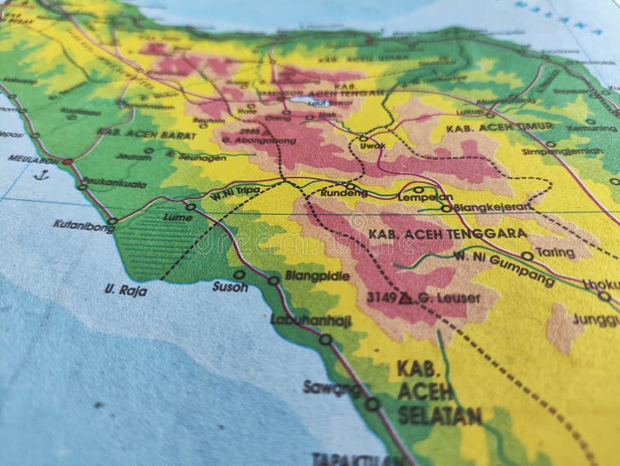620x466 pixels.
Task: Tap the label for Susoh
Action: pyautogui.click(x=229, y=287)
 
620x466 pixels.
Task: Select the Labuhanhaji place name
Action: pyautogui.click(x=311, y=320)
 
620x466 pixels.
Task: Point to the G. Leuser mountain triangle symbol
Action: pyautogui.click(x=405, y=298)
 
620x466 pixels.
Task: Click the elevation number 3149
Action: pyautogui.click(x=381, y=297)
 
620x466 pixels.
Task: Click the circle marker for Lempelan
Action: pyautogui.click(x=418, y=189)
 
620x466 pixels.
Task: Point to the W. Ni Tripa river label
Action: pyautogui.click(x=237, y=192)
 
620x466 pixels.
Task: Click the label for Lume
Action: pyautogui.click(x=177, y=218)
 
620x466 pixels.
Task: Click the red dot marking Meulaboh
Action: pyautogui.click(x=67, y=162)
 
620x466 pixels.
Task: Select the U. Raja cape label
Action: pyautogui.click(x=125, y=290)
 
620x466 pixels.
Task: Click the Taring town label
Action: pyautogui.click(x=553, y=252)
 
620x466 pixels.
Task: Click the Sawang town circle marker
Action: pyautogui.click(x=372, y=404)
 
